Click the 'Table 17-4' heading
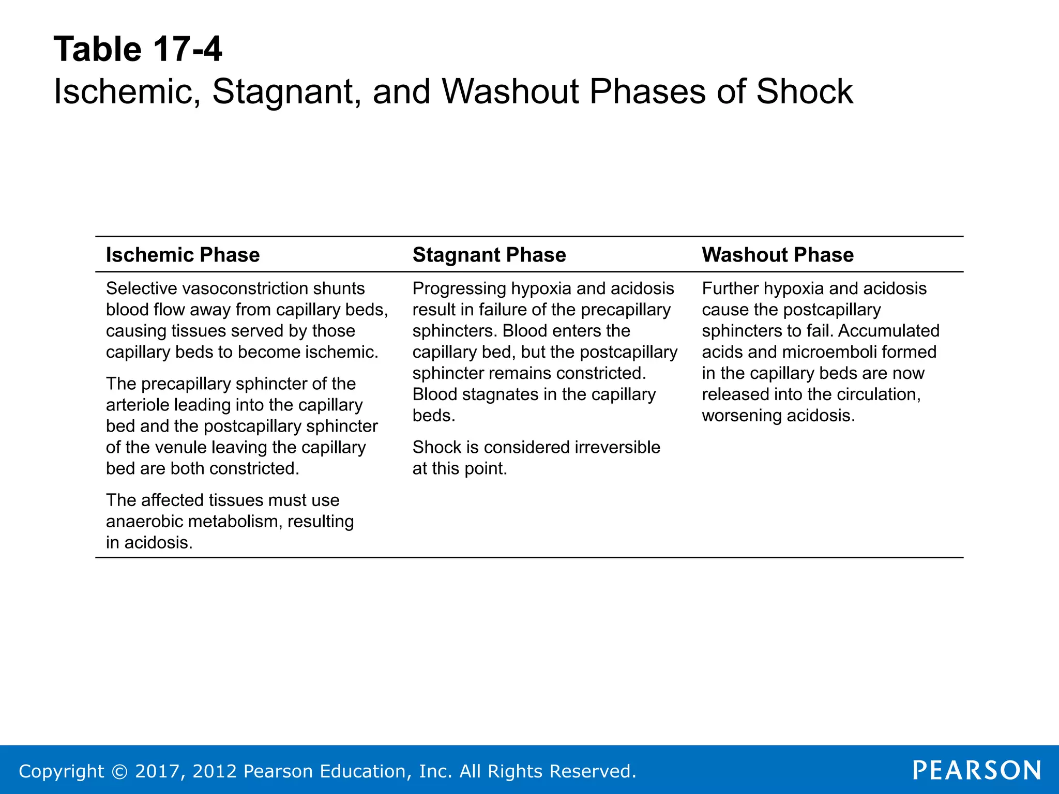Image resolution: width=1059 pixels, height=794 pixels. [x=138, y=50]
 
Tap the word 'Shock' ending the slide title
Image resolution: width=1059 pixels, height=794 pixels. [x=805, y=91]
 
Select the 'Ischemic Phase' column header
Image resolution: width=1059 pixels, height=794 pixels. [x=183, y=255]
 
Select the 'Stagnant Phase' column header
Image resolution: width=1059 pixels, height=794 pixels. [x=489, y=255]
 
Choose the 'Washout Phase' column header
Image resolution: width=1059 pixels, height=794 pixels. [x=777, y=255]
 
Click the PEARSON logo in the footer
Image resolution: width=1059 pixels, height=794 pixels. [x=976, y=770]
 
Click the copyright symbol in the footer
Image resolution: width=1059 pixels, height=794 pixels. [x=119, y=771]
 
